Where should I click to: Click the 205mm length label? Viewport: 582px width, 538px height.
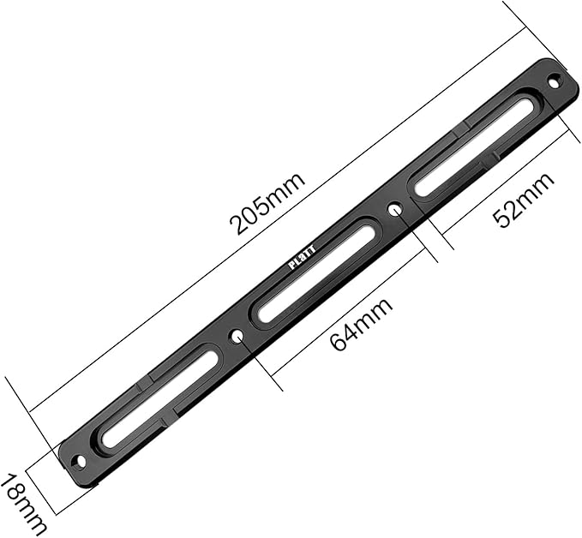(267, 204)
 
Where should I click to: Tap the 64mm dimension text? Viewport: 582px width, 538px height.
(361, 324)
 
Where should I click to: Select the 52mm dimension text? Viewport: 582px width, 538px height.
(524, 200)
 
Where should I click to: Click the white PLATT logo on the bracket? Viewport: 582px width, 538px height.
(303, 257)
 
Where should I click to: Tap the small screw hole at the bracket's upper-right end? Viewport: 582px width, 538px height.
(554, 81)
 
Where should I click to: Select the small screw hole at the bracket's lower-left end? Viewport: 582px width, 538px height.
(79, 460)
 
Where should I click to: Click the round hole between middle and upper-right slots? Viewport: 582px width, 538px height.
(395, 210)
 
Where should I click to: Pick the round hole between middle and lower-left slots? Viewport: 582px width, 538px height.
(237, 336)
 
